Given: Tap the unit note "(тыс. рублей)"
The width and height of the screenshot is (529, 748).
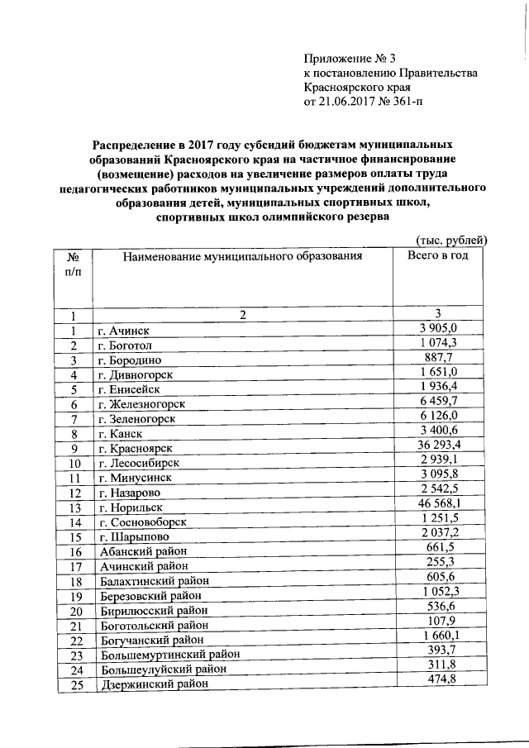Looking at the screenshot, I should click(451, 240).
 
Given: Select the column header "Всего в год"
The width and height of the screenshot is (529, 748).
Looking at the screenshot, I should click(438, 256).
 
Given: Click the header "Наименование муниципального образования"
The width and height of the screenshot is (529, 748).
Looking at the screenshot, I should click(242, 257).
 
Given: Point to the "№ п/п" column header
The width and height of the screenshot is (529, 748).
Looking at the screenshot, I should click(73, 264).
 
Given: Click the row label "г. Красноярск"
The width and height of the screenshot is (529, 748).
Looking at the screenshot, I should click(135, 448).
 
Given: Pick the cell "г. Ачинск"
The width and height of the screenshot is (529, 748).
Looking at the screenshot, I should click(122, 331).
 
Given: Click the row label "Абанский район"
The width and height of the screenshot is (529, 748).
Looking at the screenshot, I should click(143, 552).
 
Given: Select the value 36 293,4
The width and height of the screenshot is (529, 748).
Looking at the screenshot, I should click(438, 445).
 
